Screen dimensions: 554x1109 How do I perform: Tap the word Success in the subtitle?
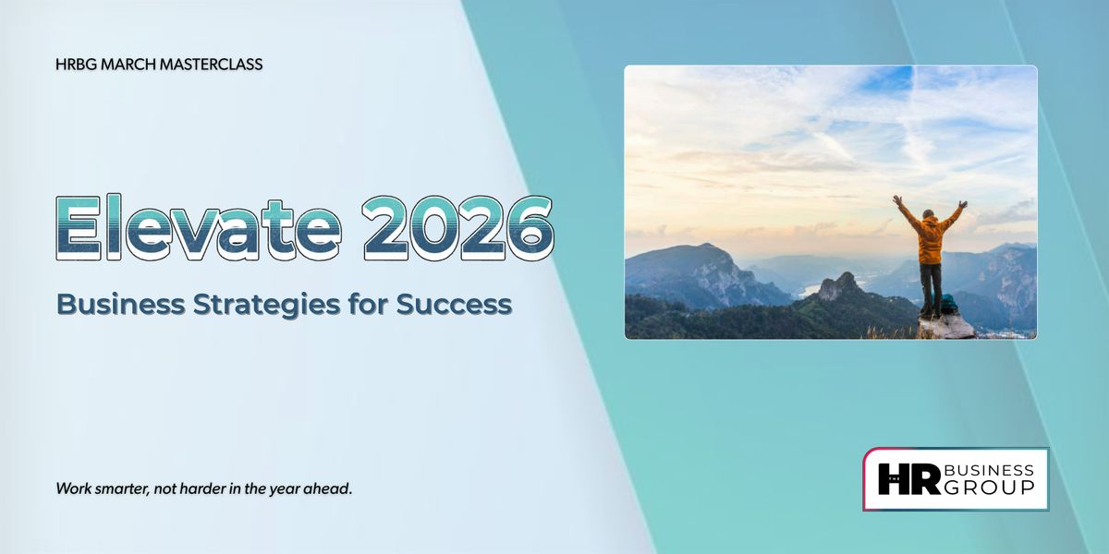454,305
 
